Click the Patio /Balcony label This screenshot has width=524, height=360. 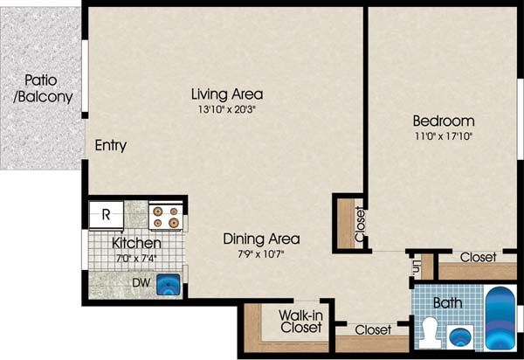pyautogui.click(x=43, y=88)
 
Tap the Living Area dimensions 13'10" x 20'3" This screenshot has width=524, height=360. pyautogui.click(x=226, y=109)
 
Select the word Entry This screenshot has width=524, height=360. pyautogui.click(x=111, y=145)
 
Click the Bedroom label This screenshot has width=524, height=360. pyautogui.click(x=444, y=121)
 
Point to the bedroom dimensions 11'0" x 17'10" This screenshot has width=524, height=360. pyautogui.click(x=444, y=136)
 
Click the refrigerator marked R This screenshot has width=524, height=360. pyautogui.click(x=107, y=215)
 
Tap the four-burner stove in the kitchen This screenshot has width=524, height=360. pyautogui.click(x=166, y=217)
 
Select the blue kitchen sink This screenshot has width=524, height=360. pyautogui.click(x=169, y=285)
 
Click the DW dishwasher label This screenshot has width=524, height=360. pyautogui.click(x=141, y=283)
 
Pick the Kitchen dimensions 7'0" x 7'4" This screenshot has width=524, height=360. pyautogui.click(x=136, y=258)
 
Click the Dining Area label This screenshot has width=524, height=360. pyautogui.click(x=261, y=239)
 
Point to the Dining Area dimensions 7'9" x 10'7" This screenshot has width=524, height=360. pyautogui.click(x=261, y=254)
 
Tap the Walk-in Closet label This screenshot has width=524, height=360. pyautogui.click(x=300, y=322)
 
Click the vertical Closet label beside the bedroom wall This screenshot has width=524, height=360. pyautogui.click(x=360, y=224)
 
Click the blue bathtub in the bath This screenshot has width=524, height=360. pyautogui.click(x=500, y=318)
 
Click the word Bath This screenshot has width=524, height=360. pyautogui.click(x=448, y=303)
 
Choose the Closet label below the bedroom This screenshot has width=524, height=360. pyautogui.click(x=479, y=258)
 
